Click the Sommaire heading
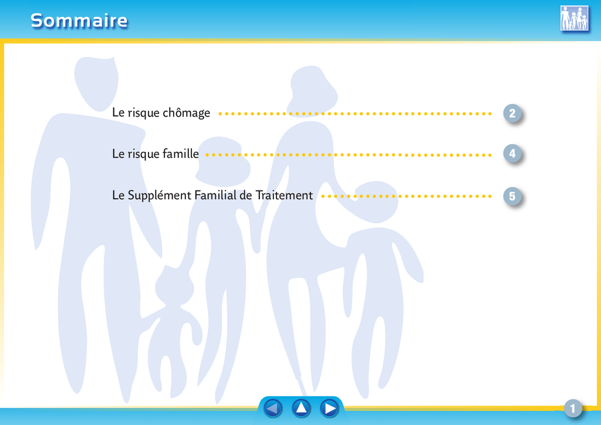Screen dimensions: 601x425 [79, 21]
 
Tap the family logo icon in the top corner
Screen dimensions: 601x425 [574, 18]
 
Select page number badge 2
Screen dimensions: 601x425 [512, 113]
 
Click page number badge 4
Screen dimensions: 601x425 [512, 154]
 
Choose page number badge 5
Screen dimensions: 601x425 [512, 196]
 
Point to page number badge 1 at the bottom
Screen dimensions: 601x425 [573, 409]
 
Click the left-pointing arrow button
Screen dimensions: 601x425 [273, 408]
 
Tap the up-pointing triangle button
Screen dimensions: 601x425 [301, 408]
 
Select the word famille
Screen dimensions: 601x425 [181, 154]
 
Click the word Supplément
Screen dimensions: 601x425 [160, 195]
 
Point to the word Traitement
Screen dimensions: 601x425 [284, 195]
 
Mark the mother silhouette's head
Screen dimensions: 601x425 [313, 91]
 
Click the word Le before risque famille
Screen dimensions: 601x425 [119, 154]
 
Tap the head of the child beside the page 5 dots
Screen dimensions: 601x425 [376, 202]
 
